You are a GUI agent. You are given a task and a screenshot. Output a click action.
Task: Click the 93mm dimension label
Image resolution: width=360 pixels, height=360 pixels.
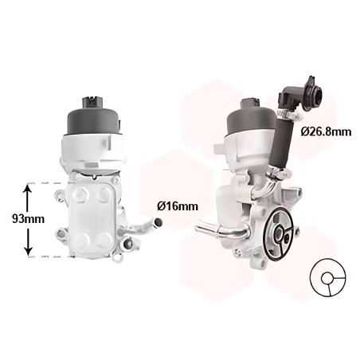(x=28, y=219)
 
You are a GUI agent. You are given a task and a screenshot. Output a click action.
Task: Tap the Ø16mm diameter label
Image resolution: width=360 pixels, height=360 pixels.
(x=178, y=206)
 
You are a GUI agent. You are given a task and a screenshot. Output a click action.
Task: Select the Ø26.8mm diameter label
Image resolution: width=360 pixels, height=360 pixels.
(x=326, y=131)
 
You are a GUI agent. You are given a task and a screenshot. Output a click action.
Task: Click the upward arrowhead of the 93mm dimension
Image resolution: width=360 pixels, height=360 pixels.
(x=28, y=189)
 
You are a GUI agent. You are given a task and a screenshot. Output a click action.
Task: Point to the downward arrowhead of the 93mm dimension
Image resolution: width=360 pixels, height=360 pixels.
(x=28, y=251)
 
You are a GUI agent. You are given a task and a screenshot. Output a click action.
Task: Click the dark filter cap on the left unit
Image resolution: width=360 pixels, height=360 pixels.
(x=94, y=122)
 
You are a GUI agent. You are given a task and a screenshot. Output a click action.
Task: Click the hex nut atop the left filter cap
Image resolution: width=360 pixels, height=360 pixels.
(x=92, y=101)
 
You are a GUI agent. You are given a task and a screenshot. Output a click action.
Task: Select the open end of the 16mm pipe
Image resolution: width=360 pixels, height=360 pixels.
(x=158, y=222)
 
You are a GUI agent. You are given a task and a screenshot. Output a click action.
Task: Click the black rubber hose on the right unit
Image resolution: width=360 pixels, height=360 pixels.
(x=282, y=143)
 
